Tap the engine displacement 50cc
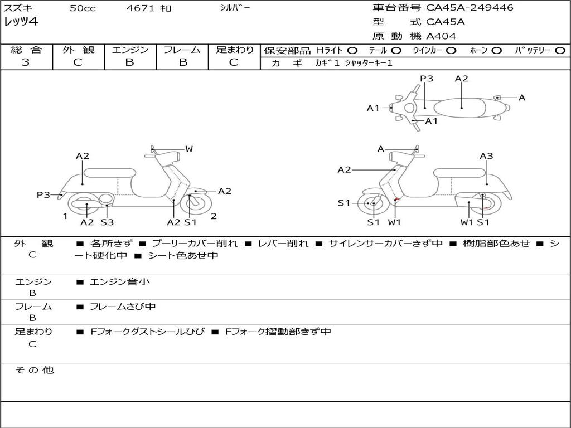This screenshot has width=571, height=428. (x=83, y=8)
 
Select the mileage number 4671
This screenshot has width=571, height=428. (x=139, y=8)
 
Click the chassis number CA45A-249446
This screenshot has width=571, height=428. (x=470, y=8)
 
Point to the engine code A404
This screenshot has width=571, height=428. (x=441, y=36)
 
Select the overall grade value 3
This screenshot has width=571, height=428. (x=26, y=62)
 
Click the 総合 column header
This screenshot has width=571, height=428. (x=26, y=50)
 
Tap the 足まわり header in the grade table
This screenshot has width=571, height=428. (x=234, y=50)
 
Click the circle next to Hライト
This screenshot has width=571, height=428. (x=352, y=50)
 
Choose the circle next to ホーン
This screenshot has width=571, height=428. (x=496, y=50)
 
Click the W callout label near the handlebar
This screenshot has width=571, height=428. (x=189, y=149)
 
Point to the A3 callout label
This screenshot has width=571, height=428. (x=486, y=156)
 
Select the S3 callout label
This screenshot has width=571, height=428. (x=107, y=222)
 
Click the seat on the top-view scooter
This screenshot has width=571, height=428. (x=462, y=107)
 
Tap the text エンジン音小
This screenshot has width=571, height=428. (x=120, y=282)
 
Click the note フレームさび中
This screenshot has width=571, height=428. (x=123, y=307)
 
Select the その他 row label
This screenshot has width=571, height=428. (x=34, y=370)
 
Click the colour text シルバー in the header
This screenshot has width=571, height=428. (x=235, y=8)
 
